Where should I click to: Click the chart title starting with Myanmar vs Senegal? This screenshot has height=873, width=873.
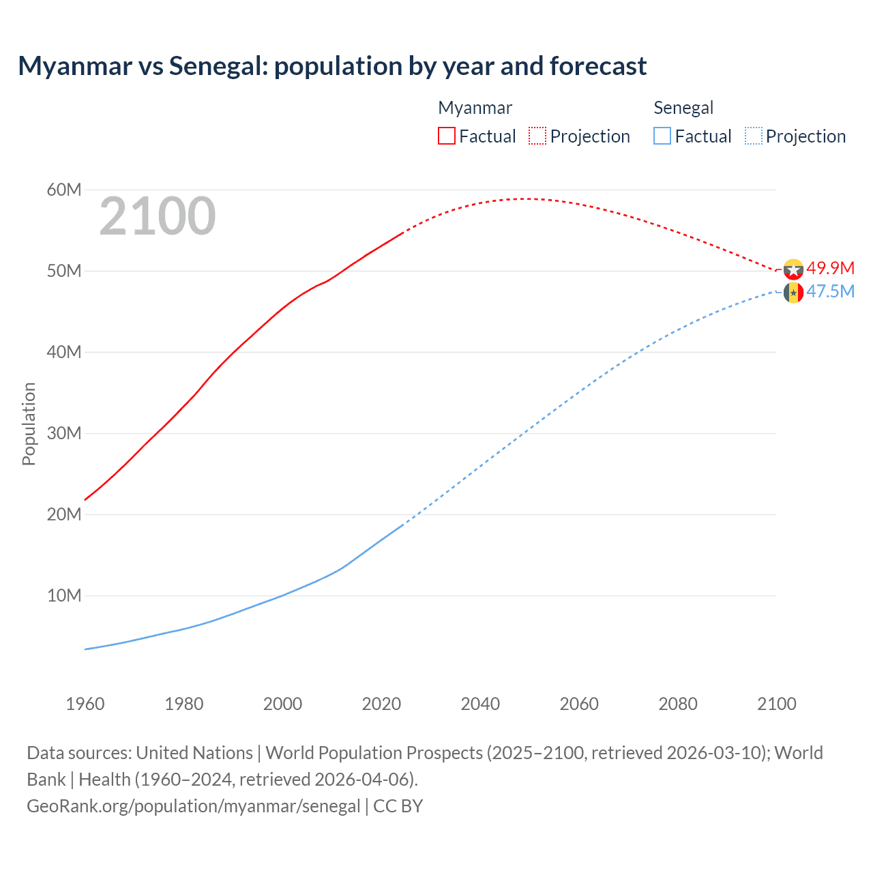[x=332, y=66]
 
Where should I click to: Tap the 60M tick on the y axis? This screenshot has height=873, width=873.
[x=64, y=190]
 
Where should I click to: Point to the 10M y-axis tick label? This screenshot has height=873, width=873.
[x=64, y=595]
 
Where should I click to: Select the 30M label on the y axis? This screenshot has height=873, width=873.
[x=64, y=433]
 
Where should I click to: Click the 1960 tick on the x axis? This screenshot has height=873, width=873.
[x=85, y=704]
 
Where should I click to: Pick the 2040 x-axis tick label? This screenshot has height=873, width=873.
[x=480, y=704]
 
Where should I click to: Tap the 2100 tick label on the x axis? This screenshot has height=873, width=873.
[x=776, y=704]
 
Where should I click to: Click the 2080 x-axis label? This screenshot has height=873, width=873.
[x=677, y=704]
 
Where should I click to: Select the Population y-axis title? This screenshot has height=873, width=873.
[x=29, y=424]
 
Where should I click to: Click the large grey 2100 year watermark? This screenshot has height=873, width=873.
[x=158, y=216]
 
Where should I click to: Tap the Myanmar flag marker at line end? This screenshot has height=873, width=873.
[x=793, y=269]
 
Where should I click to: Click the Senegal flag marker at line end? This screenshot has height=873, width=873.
[x=793, y=293]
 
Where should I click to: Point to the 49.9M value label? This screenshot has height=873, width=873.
[x=830, y=268]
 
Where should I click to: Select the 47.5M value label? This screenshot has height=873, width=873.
[x=830, y=291]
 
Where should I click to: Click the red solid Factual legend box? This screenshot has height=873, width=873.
[x=446, y=136]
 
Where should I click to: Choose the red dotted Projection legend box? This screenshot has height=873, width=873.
[x=537, y=136]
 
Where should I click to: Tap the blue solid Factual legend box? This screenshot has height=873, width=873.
[x=662, y=136]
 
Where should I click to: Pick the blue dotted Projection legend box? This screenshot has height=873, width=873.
[x=754, y=136]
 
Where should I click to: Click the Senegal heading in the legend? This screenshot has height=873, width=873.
[x=683, y=108]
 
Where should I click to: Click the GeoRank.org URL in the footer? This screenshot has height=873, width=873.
[x=193, y=805]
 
